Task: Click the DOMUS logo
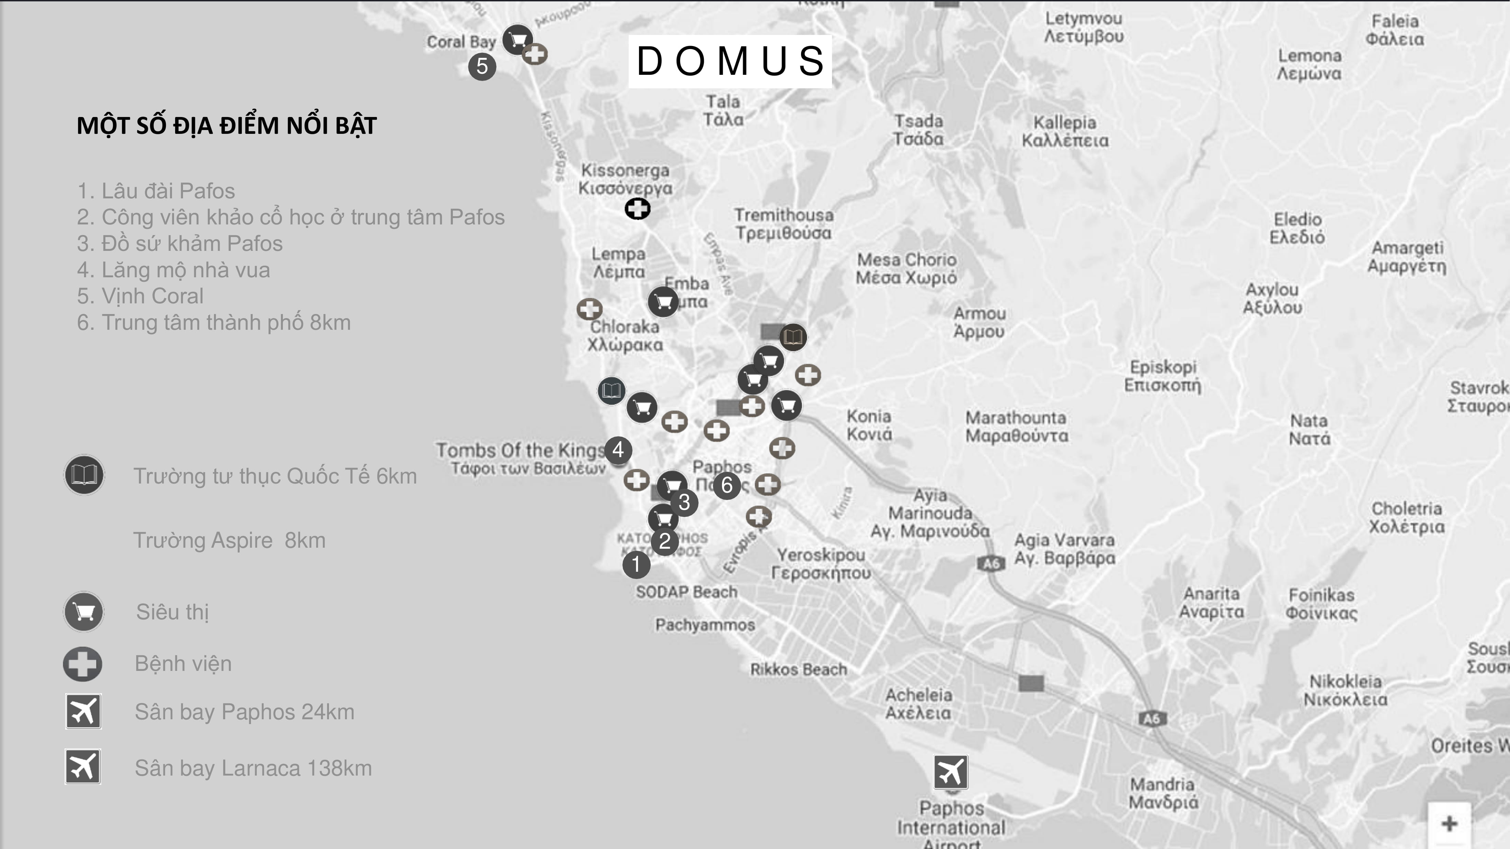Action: tap(730, 61)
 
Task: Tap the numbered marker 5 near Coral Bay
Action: tap(482, 66)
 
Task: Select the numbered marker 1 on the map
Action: tap(636, 565)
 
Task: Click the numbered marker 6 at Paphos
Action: tap(727, 485)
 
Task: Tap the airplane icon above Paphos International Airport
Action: tap(950, 772)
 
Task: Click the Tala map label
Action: tap(723, 110)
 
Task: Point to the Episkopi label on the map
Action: tap(1163, 375)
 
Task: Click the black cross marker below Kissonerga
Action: tap(637, 209)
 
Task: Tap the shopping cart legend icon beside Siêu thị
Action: tap(84, 612)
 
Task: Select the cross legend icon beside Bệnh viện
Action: tap(83, 664)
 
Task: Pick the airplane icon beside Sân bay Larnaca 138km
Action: tap(83, 766)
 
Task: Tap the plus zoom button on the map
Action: tap(1449, 823)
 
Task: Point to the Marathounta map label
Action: tap(1016, 427)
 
